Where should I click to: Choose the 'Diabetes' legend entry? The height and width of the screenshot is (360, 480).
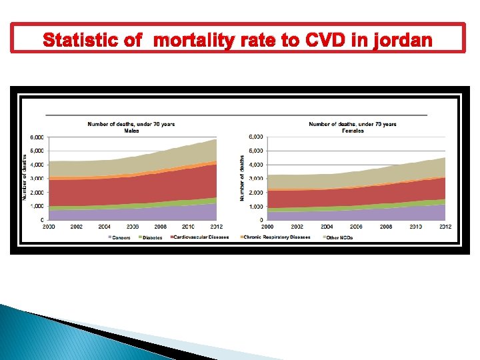tap(151, 237)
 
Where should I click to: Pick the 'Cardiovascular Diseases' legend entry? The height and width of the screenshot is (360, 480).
tap(202, 237)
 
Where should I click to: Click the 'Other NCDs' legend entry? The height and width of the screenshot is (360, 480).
tap(340, 237)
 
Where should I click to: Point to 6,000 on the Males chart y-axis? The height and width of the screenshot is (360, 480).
tap(37, 137)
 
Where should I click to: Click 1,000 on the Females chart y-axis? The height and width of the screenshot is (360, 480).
tap(256, 207)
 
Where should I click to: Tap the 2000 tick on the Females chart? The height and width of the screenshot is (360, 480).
tap(267, 227)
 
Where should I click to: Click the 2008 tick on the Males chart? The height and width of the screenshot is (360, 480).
tap(161, 227)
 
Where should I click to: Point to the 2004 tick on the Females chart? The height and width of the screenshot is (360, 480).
tap(327, 227)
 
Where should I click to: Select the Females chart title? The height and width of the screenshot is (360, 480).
tap(353, 127)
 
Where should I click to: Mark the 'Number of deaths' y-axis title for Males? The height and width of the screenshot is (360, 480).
tap(25, 177)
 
